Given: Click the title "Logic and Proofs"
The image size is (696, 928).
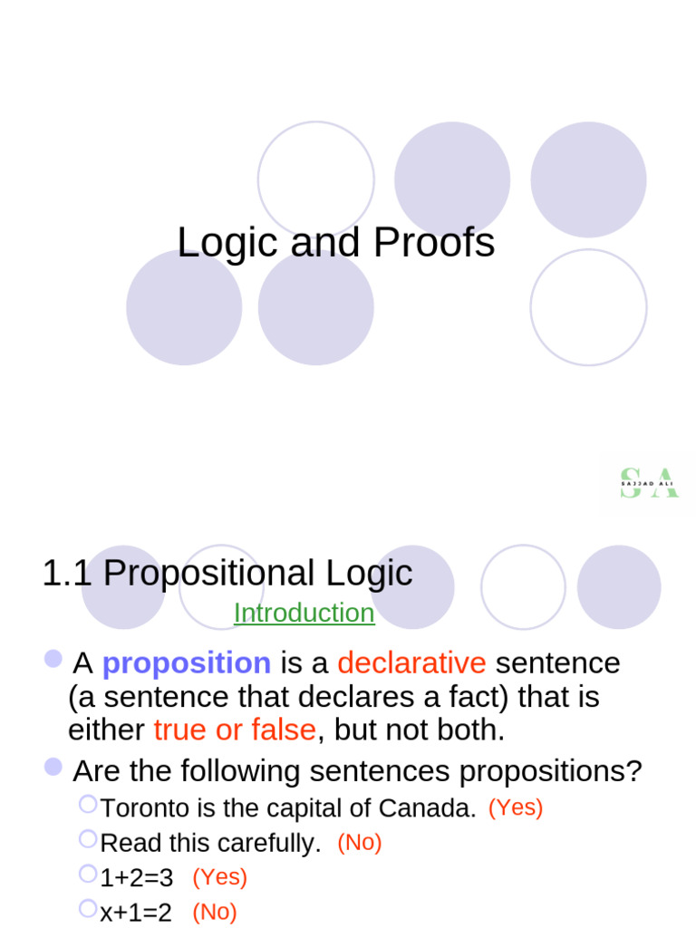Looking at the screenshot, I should pyautogui.click(x=335, y=243).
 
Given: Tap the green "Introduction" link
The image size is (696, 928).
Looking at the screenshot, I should pyautogui.click(x=304, y=614).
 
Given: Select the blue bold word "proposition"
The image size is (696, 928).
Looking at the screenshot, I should pyautogui.click(x=186, y=663).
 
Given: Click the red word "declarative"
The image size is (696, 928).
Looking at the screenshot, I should pyautogui.click(x=411, y=663).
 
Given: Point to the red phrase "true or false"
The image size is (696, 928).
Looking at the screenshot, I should pyautogui.click(x=235, y=730).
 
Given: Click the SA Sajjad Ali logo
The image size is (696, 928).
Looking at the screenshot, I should pyautogui.click(x=648, y=483).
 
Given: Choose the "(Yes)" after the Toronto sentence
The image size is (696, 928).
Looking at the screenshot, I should pyautogui.click(x=516, y=807).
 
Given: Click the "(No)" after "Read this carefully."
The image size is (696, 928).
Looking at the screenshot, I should pyautogui.click(x=360, y=842).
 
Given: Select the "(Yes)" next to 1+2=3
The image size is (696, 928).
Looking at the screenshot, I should pyautogui.click(x=219, y=876).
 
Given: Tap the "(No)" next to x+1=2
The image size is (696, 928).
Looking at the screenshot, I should pyautogui.click(x=214, y=912).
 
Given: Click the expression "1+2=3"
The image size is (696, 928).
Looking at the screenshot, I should pyautogui.click(x=137, y=877).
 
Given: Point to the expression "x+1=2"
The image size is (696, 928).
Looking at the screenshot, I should pyautogui.click(x=136, y=912).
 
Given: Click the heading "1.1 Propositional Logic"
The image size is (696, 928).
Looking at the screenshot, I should pyautogui.click(x=227, y=573).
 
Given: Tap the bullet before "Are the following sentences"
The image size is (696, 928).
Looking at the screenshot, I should pyautogui.click(x=53, y=768).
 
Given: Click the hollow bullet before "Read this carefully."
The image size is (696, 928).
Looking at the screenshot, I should pyautogui.click(x=88, y=838).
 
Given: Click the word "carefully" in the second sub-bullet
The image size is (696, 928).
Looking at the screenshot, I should pyautogui.click(x=273, y=844).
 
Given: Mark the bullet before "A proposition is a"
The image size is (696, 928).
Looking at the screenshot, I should pyautogui.click(x=53, y=659).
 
